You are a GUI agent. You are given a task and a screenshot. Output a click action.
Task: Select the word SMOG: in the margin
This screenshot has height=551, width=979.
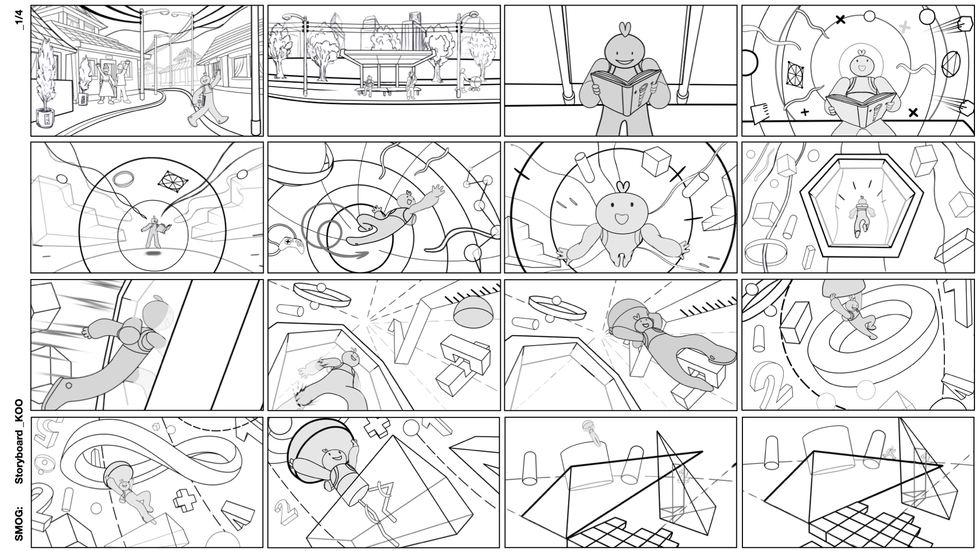click(19, 523)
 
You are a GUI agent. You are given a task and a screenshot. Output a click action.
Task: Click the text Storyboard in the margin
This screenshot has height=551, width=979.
click(19, 456)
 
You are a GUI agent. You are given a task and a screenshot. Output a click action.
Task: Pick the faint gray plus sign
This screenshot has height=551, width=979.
click(904, 27)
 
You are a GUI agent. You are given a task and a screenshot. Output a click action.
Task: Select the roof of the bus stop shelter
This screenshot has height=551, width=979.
click(388, 54)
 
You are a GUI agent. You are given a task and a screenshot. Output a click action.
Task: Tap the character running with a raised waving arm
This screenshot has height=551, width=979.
click(207, 99)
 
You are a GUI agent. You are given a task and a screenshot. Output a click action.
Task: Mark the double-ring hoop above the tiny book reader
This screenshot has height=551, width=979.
click(123, 179)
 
